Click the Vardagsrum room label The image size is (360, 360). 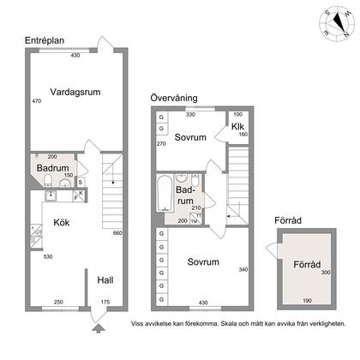click(75, 92)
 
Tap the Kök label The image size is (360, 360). click(62, 222)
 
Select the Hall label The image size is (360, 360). click(105, 280)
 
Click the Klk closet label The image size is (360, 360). click(237, 126)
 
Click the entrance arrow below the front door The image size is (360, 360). click(98, 328)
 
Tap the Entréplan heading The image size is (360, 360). click(45, 40)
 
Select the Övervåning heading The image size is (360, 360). click(174, 98)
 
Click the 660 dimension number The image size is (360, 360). click(117, 233)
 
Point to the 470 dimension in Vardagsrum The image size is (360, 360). click(37, 101)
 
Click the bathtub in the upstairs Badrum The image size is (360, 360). click(165, 193)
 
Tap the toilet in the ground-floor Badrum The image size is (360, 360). click(48, 180)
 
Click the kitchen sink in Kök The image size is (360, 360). click(51, 195)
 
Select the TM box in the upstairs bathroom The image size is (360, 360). click(194, 221)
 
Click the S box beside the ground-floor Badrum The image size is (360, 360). click(81, 183)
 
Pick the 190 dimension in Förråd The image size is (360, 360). click(307, 300)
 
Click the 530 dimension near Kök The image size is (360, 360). click(48, 256)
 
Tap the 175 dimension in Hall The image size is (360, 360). click(105, 302)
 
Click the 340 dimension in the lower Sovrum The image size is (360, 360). click(243, 269)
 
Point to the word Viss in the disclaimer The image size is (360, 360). click(137, 324)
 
